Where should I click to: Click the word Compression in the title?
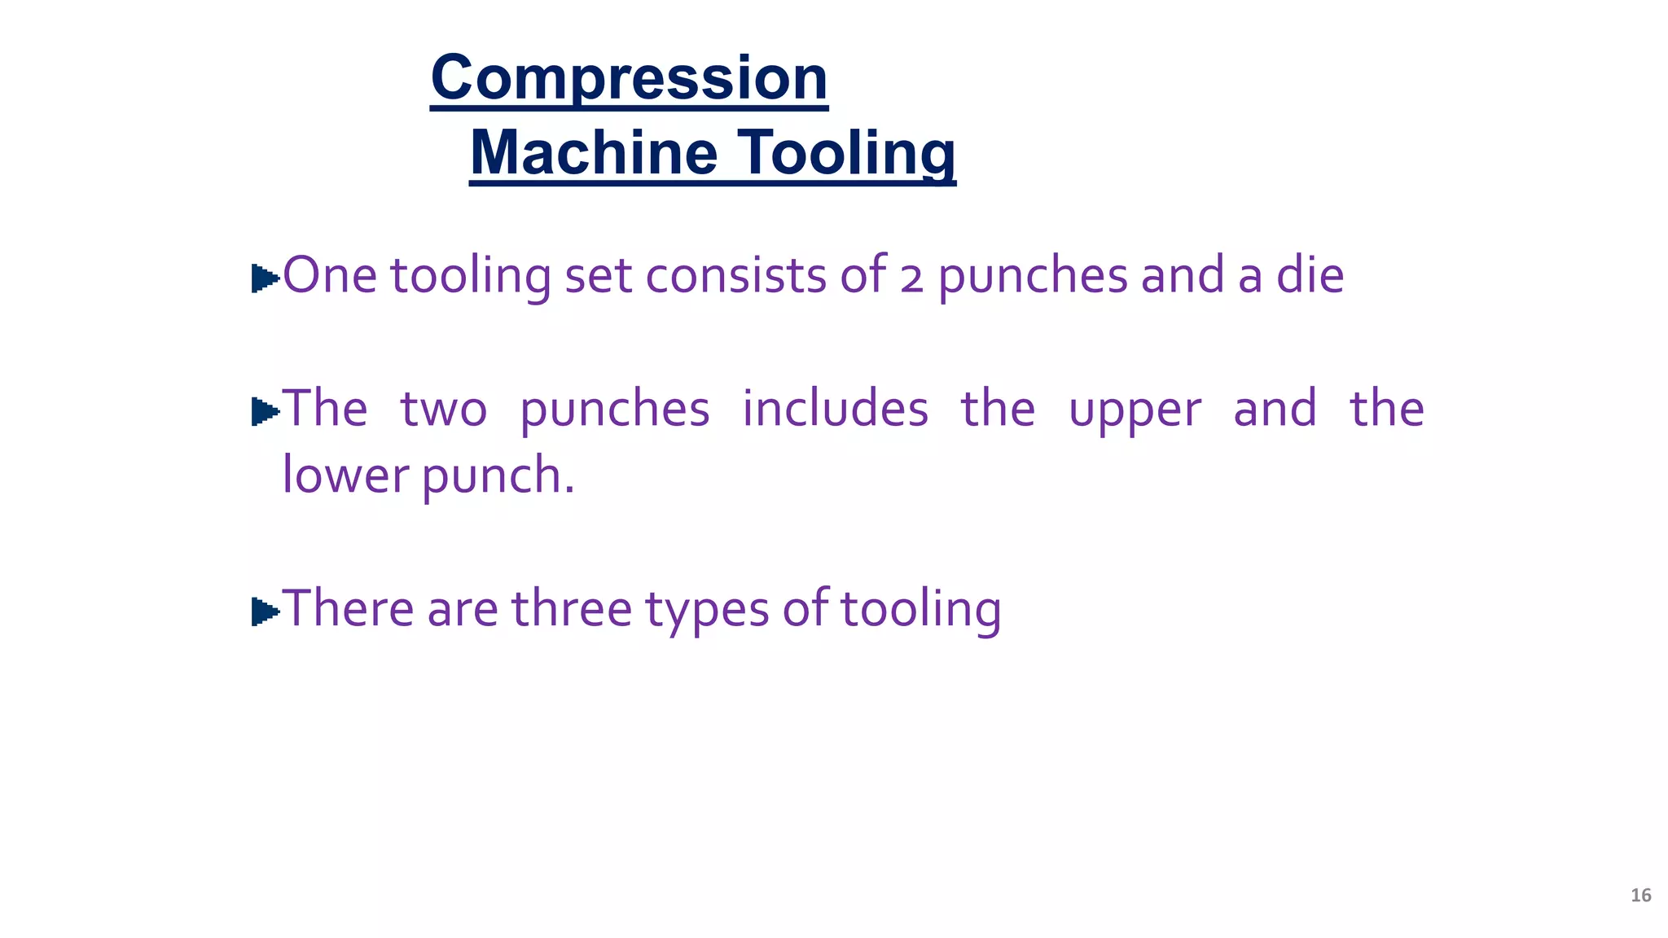pyautogui.click(x=629, y=78)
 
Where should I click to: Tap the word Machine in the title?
pyautogui.click(x=594, y=153)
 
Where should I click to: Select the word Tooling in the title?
pyautogui.click(x=847, y=153)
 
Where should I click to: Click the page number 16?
pyautogui.click(x=1640, y=896)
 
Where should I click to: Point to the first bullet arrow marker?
pyautogui.click(x=265, y=278)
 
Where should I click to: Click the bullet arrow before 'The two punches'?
pyautogui.click(x=265, y=411)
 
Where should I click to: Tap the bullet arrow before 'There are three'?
pyautogui.click(x=265, y=611)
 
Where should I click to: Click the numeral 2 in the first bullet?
pyautogui.click(x=912, y=278)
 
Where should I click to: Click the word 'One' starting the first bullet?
pyautogui.click(x=329, y=275)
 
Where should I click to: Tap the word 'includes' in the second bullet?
pyautogui.click(x=835, y=408)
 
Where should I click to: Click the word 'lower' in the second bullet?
pyautogui.click(x=345, y=476)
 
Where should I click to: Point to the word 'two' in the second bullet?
pyautogui.click(x=443, y=410)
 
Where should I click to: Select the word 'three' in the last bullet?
pyautogui.click(x=571, y=608)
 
